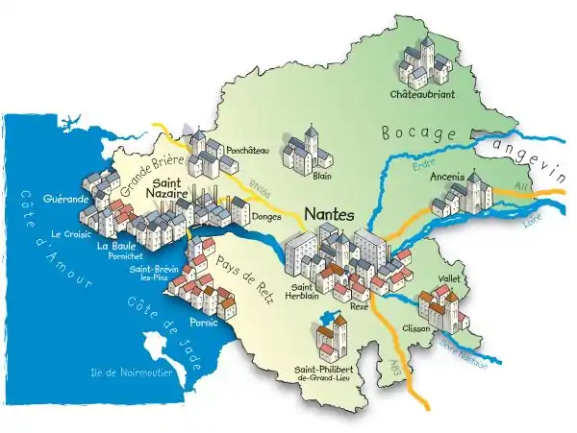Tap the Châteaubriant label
422,95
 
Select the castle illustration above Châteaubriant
423,62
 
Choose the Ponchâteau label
248,151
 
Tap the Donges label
265,218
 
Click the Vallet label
450,278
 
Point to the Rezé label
359,304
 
